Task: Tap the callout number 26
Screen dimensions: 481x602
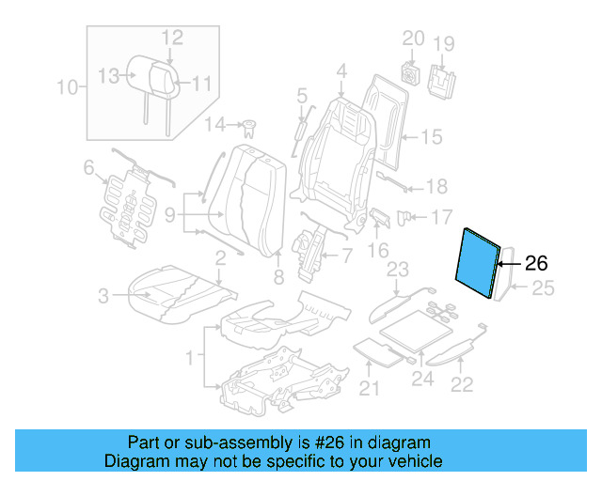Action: [x=534, y=264]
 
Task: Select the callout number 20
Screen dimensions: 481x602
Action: [x=414, y=39]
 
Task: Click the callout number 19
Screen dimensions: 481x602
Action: [x=443, y=43]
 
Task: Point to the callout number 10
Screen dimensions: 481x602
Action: [x=67, y=88]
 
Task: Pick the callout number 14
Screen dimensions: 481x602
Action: [x=215, y=125]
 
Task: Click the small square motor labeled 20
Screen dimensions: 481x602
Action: [x=410, y=71]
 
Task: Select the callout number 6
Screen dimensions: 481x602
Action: [x=88, y=168]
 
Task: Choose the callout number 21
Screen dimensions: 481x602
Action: [x=369, y=389]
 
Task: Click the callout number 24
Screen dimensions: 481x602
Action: [x=422, y=379]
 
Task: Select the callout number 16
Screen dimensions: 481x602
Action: [x=377, y=250]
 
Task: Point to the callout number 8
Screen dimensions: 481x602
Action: [x=277, y=276]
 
